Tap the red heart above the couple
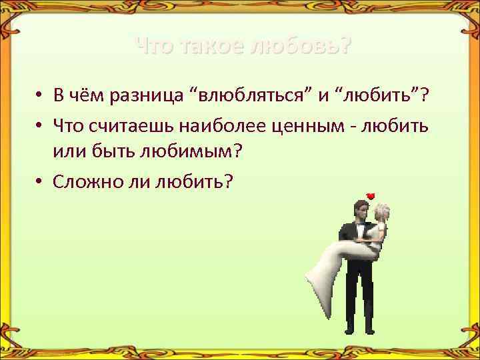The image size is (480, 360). tap(371, 195)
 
